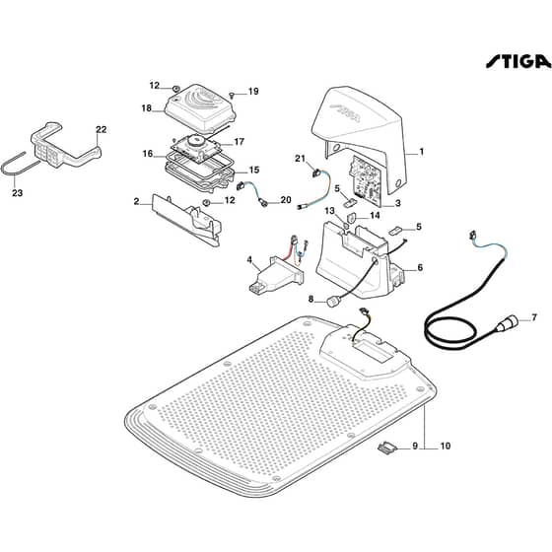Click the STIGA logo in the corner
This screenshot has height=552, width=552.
click(518, 61)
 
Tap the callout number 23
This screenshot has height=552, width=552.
click(18, 193)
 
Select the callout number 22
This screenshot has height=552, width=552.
click(101, 129)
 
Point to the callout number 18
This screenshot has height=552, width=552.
click(147, 108)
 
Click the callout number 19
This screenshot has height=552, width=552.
click(253, 92)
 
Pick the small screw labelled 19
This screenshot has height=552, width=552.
click(232, 95)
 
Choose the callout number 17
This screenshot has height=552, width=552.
click(239, 142)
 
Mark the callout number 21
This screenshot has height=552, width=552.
click(300, 159)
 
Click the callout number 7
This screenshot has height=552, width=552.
click(534, 317)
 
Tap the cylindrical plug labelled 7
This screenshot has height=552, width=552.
click(507, 323)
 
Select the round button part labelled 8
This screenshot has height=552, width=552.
click(333, 302)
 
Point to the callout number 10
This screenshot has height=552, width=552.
click(446, 446)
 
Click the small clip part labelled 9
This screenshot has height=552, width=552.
click(386, 448)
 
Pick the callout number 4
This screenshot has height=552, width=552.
click(249, 260)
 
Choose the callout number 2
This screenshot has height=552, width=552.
click(137, 202)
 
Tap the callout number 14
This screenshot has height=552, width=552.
click(375, 215)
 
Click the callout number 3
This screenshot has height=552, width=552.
click(398, 203)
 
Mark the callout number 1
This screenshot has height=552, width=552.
click(421, 152)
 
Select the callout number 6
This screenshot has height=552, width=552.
click(420, 267)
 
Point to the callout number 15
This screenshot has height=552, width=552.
click(254, 170)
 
